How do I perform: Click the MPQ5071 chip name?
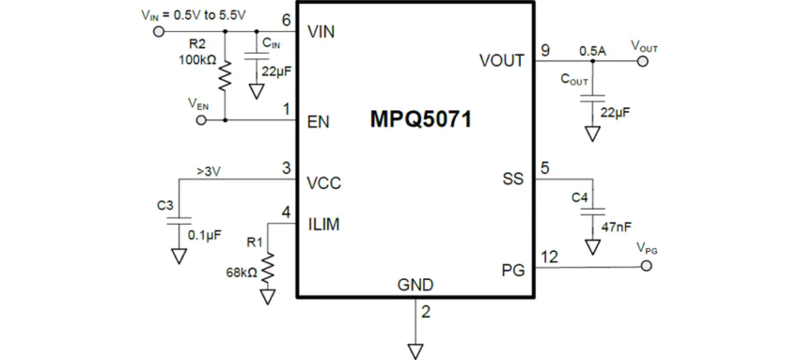click(x=420, y=120)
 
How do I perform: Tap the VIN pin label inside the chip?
click(x=321, y=31)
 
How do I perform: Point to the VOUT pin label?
click(x=501, y=61)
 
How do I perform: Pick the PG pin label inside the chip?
click(x=512, y=271)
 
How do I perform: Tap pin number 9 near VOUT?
click(x=545, y=49)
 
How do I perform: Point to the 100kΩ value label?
click(x=196, y=60)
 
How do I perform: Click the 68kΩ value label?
click(x=240, y=273)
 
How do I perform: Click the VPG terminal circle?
click(x=646, y=267)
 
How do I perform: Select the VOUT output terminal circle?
click(x=644, y=62)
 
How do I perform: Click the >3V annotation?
click(x=210, y=171)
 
